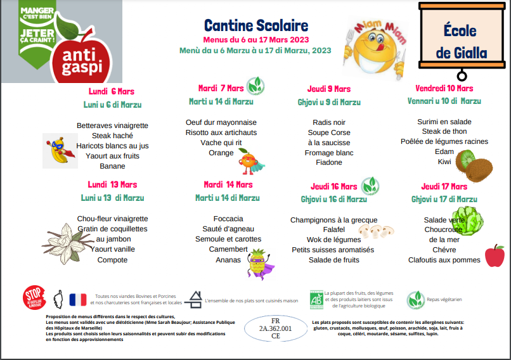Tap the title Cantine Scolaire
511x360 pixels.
256,26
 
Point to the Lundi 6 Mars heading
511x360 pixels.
112,91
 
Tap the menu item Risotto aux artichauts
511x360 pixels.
221,132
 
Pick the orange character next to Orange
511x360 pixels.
247,162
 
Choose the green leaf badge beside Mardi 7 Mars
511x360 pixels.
256,84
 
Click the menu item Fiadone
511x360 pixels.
329,162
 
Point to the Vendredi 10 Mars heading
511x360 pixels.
444,88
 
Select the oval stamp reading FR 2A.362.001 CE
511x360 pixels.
276,329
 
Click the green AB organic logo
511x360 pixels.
315,299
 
